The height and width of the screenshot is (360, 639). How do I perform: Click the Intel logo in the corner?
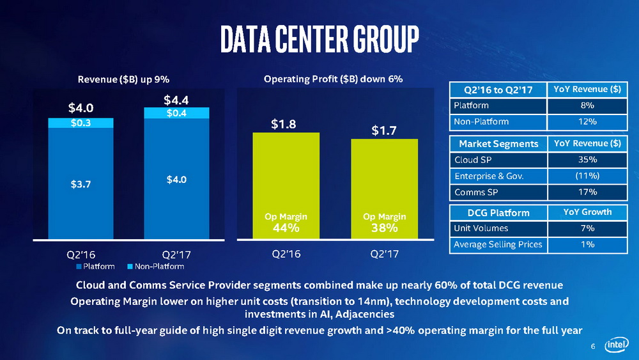[x=616, y=345]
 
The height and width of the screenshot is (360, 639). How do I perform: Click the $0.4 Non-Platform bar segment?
[x=176, y=113]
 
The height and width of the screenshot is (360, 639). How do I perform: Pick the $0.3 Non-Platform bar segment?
[x=81, y=123]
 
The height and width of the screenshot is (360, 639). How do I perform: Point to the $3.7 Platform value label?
[x=81, y=185]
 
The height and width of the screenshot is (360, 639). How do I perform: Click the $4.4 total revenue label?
[x=176, y=100]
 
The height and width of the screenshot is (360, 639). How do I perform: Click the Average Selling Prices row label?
[x=498, y=244]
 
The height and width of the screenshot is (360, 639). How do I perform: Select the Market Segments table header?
[x=498, y=143]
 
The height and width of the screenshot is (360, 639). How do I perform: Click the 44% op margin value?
[x=286, y=228]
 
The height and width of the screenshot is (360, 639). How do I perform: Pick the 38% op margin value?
[x=384, y=228]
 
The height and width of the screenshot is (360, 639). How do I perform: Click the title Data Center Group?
[x=319, y=40]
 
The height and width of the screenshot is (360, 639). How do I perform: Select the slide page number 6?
[x=593, y=347]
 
